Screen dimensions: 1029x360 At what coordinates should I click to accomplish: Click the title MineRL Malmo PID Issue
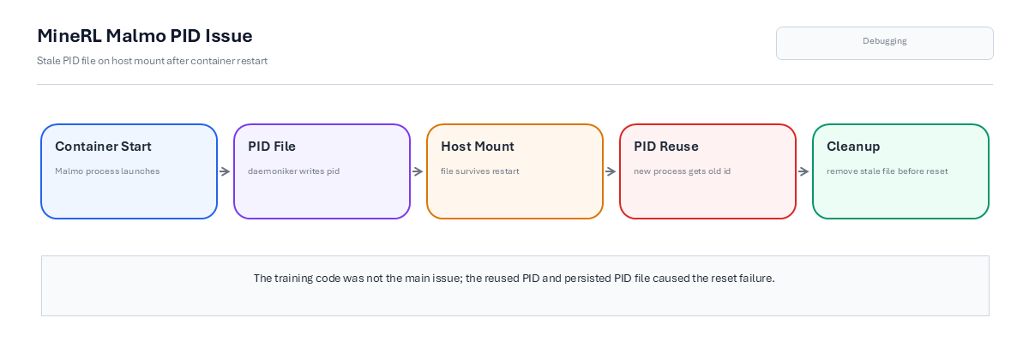(145, 36)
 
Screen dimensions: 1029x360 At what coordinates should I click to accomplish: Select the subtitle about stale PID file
(152, 61)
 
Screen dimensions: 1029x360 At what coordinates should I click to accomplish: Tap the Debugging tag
(885, 43)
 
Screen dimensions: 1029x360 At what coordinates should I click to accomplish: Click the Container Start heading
(103, 146)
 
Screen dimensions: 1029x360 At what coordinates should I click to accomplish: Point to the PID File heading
(272, 146)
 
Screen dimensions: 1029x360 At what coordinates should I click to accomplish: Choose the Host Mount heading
(478, 146)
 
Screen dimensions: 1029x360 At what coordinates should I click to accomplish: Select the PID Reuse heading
(666, 146)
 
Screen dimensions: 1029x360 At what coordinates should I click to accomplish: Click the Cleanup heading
(853, 147)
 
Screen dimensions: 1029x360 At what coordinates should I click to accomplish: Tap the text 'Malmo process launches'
(107, 171)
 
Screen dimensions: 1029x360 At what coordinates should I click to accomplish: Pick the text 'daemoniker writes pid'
(293, 171)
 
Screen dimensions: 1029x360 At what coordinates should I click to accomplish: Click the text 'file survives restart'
(480, 171)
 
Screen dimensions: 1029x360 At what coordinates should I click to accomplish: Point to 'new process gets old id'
(683, 171)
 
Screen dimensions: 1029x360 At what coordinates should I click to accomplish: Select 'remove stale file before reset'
(887, 171)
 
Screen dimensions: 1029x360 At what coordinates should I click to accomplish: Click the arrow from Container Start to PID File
(225, 171)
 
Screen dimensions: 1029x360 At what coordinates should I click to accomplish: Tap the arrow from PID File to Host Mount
(418, 171)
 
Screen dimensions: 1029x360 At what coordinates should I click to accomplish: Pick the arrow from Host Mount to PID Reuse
(611, 171)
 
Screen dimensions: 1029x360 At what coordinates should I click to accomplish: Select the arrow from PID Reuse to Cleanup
(803, 171)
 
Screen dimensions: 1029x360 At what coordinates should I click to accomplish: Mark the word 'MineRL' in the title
(69, 36)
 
